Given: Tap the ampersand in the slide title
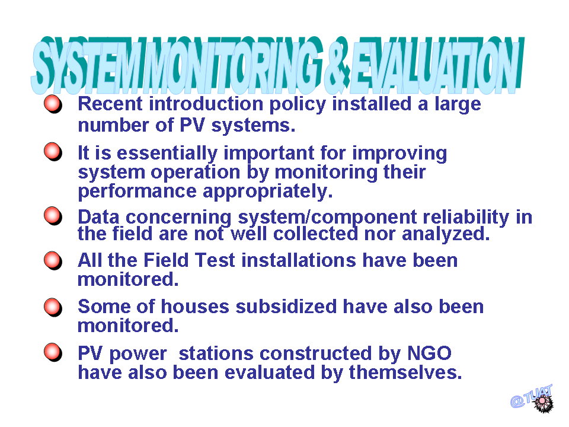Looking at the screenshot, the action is click(337, 65).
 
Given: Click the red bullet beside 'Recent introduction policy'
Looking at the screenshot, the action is click(53, 104).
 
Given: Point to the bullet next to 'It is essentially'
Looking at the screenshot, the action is click(53, 152).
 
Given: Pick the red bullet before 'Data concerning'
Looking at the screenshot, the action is click(53, 216).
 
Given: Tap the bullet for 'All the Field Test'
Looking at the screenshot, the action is click(53, 261).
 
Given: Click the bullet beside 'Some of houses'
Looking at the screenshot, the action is click(53, 308).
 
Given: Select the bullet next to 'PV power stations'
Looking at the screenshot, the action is click(53, 352).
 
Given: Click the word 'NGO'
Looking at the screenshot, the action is click(429, 353).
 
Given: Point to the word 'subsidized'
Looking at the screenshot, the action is click(286, 307).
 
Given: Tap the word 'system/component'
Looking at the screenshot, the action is click(327, 218).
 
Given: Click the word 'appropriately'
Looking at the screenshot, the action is click(266, 192).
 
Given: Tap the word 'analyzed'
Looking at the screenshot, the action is click(444, 234).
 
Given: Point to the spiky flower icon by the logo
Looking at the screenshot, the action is click(543, 403).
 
